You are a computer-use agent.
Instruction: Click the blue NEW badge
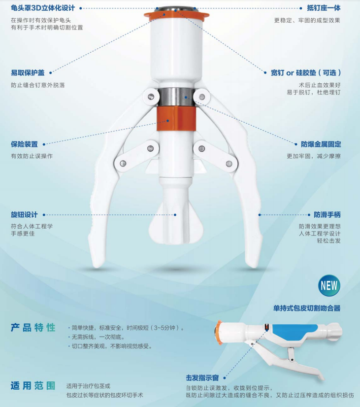pos(329,285)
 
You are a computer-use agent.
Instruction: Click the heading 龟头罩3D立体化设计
pos(43,8)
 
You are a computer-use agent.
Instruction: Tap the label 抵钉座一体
pos(324,8)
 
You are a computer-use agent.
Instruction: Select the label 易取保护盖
pos(28,72)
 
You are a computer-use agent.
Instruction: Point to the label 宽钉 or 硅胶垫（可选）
pos(305,72)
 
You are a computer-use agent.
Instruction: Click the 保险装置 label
pos(24,144)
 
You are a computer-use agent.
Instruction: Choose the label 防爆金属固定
pos(321,144)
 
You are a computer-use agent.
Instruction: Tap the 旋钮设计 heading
pos(24,215)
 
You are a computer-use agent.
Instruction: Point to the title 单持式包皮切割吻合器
pos(307,308)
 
